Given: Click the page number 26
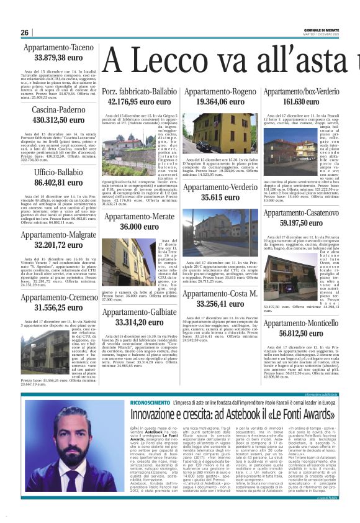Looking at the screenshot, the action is pyautogui.click(x=25, y=33).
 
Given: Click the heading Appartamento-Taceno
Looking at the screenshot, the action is pyautogui.click(x=58, y=48).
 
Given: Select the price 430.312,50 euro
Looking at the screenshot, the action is pyautogui.click(x=58, y=120).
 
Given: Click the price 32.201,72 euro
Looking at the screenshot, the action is pyautogui.click(x=58, y=245).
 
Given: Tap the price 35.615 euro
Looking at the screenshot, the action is pyautogui.click(x=220, y=197).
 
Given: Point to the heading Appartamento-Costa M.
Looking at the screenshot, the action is pyautogui.click(x=220, y=293).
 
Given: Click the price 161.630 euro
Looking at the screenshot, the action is pyautogui.click(x=300, y=101).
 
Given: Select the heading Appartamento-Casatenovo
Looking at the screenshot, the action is pyautogui.click(x=300, y=213).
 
